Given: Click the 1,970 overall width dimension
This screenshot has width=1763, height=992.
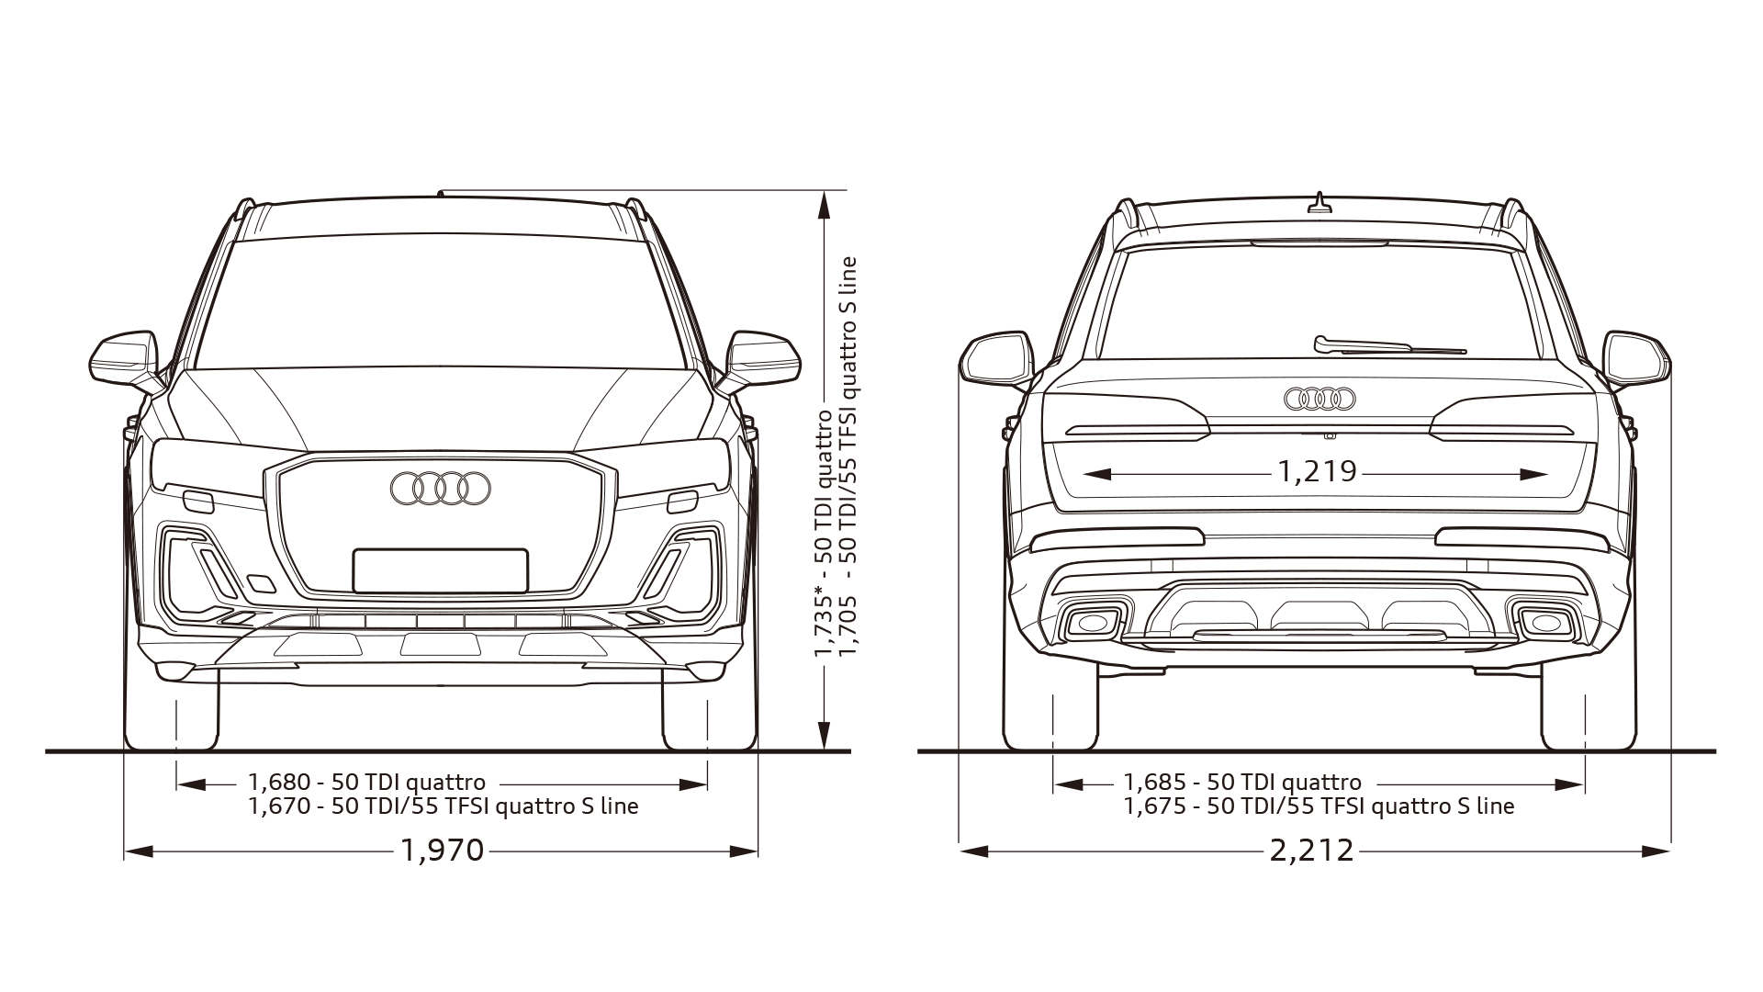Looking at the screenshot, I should tap(442, 851).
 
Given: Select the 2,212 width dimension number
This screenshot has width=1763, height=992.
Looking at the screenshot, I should tap(1312, 851).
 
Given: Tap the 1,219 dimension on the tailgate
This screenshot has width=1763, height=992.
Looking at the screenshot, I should tap(1317, 472).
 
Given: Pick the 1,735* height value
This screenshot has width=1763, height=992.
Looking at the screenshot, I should tap(823, 626).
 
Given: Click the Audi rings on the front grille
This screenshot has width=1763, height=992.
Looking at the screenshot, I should tap(441, 489).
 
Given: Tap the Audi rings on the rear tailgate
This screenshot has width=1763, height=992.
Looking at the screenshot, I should tap(1319, 399).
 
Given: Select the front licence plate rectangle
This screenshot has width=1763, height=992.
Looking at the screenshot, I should tap(441, 570).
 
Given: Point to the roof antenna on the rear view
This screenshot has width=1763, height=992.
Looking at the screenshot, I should tap(1319, 204).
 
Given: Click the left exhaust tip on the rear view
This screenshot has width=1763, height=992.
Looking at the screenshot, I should tap(1093, 624).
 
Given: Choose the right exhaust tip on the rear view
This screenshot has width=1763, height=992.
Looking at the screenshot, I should tap(1546, 624).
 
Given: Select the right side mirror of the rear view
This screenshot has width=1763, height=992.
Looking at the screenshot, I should tap(1637, 358).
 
